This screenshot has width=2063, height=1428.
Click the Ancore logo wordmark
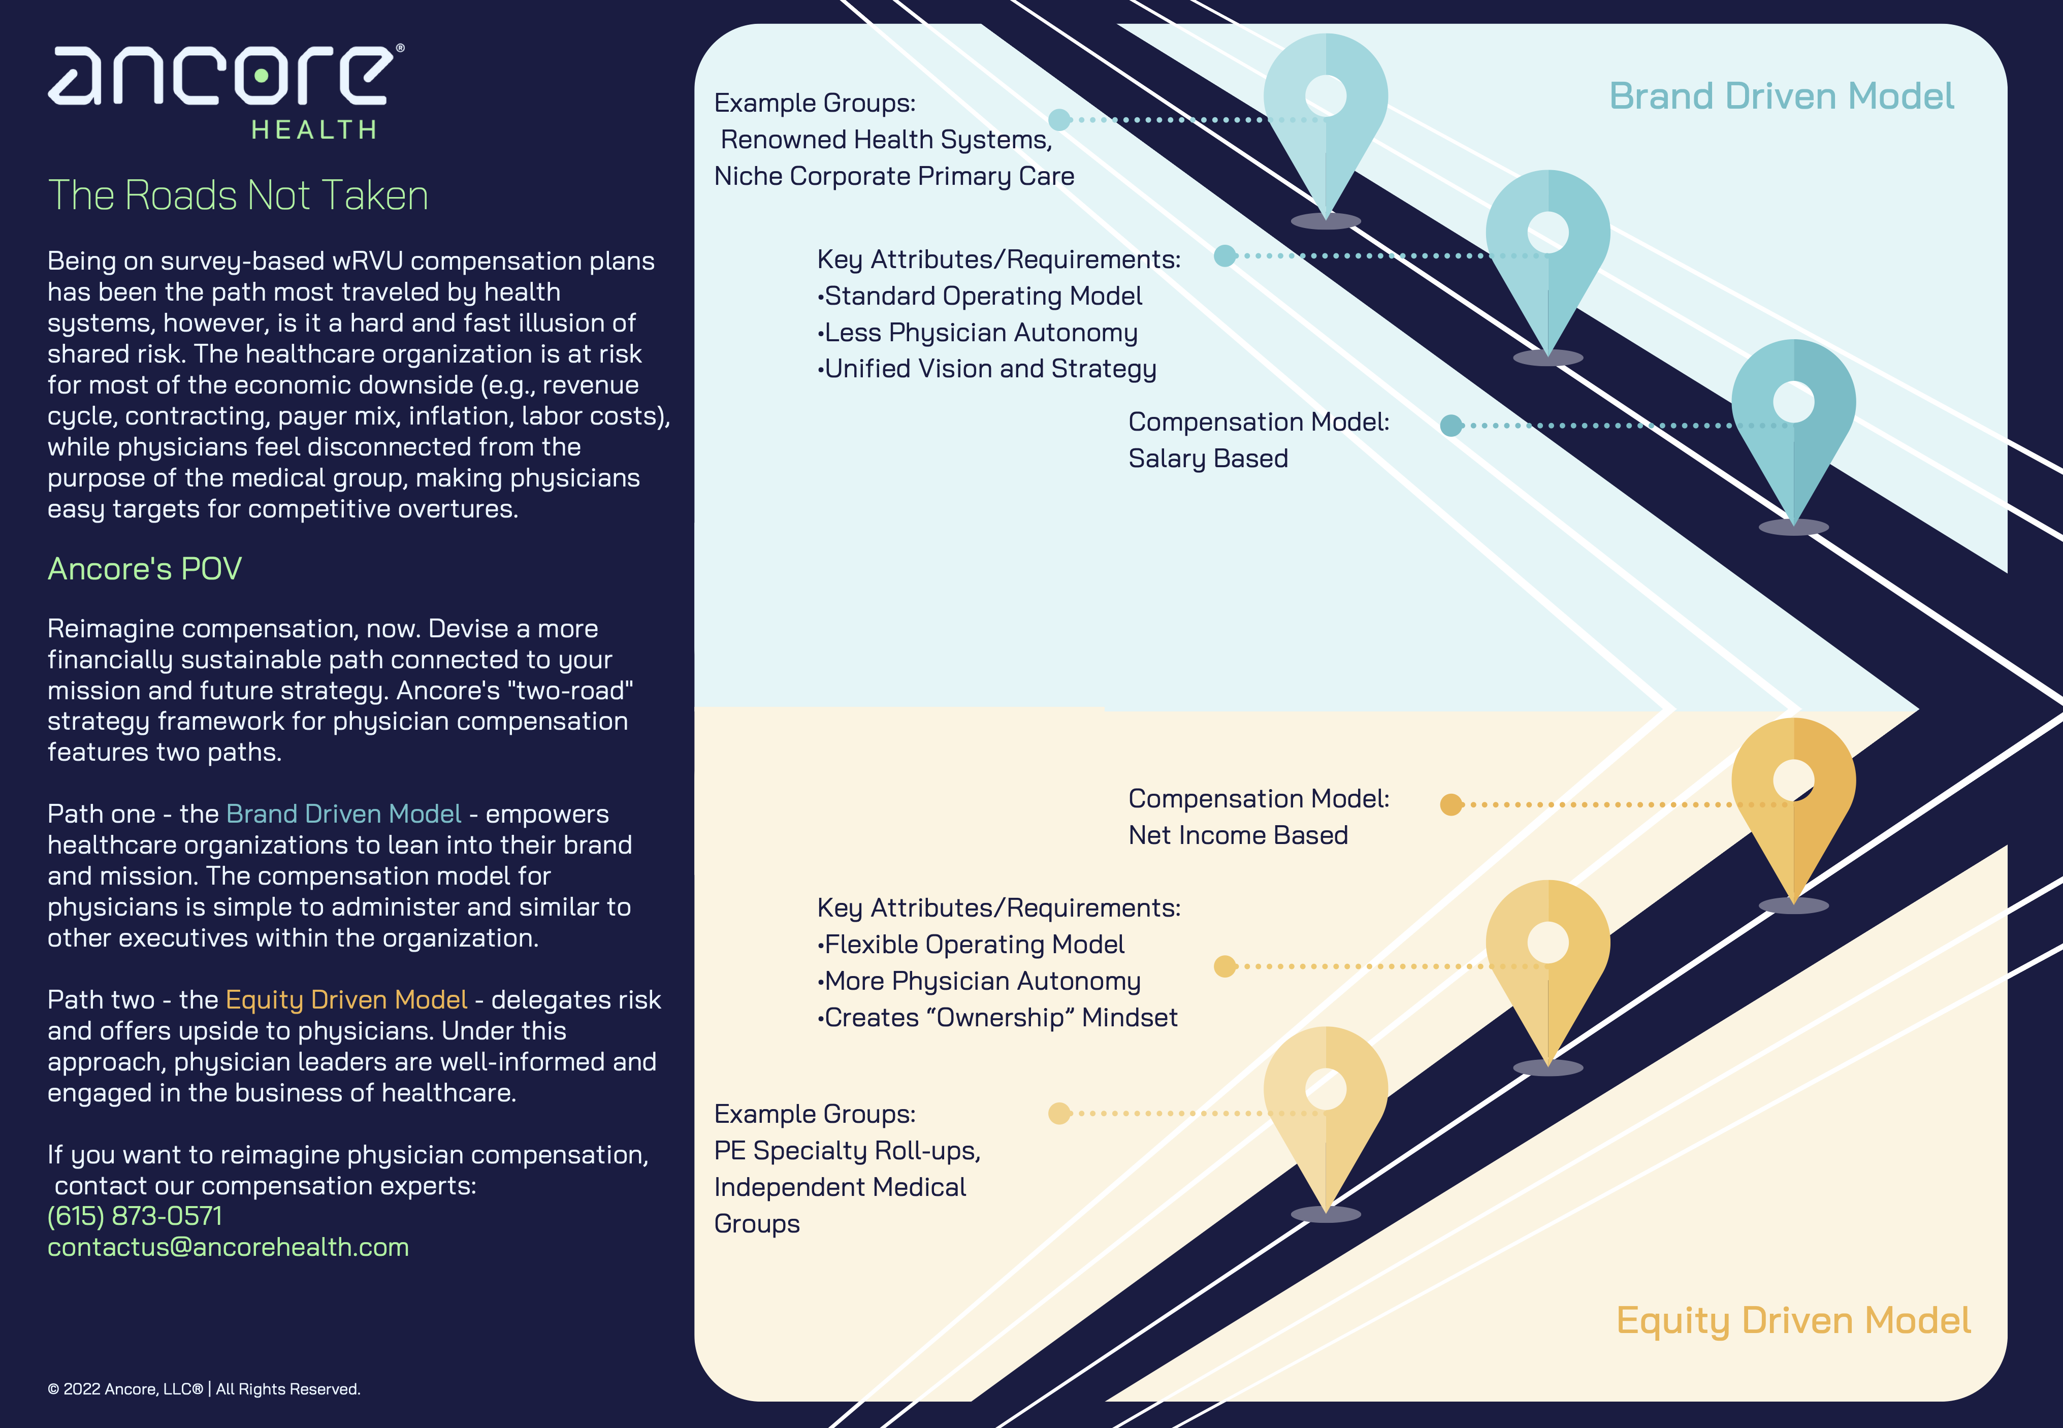(223, 76)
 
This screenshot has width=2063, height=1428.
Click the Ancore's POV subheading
(145, 569)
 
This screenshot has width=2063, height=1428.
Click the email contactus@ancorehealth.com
(228, 1247)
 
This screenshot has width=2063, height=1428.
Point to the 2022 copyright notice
(204, 1388)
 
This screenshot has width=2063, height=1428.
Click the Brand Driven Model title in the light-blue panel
(1781, 96)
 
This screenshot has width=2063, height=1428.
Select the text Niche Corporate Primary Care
(894, 176)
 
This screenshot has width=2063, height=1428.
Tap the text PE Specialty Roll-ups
(847, 1151)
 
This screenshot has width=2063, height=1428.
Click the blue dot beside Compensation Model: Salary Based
(1451, 426)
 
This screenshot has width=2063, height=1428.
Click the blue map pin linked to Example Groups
(1326, 107)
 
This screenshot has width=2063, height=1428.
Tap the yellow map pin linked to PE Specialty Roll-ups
(1326, 1100)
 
